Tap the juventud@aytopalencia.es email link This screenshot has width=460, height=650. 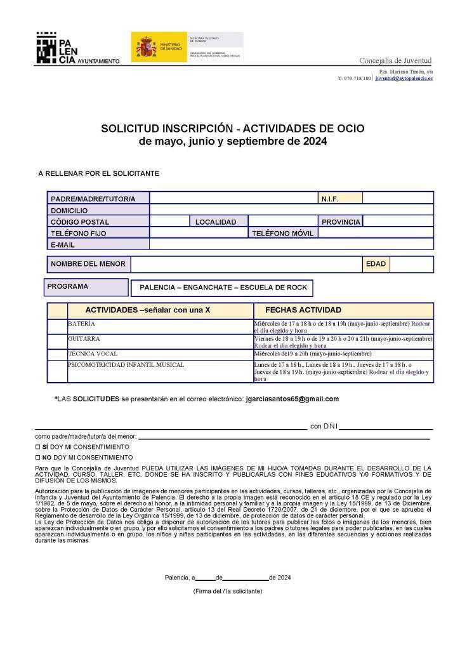404,79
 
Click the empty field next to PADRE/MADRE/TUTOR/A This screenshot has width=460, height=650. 233,199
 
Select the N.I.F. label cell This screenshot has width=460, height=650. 339,199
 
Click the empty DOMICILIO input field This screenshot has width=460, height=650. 291,210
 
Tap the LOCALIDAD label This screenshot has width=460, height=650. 216,222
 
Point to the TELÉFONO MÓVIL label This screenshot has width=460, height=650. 282,233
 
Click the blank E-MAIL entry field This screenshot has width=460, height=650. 291,244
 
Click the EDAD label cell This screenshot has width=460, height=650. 376,264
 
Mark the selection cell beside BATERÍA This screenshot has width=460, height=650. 58,328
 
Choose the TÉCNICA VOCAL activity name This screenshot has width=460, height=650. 93,354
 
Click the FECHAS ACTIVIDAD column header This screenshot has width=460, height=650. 303,310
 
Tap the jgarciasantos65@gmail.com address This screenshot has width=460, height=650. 292,399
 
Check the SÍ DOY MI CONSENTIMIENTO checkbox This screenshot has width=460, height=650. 37,447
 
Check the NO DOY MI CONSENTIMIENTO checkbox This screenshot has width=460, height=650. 37,457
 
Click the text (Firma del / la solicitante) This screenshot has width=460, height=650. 227,591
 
